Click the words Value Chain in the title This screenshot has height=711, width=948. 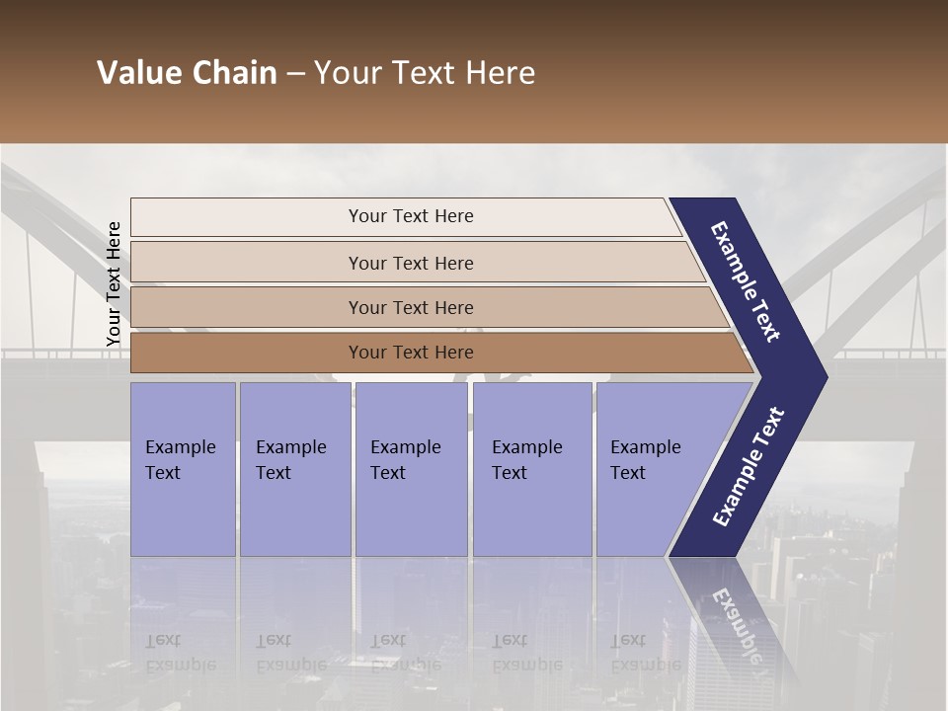coord(187,73)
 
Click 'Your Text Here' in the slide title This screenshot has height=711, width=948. coord(425,73)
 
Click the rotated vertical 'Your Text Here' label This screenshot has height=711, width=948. coord(114,283)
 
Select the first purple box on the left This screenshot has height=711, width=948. coord(183,469)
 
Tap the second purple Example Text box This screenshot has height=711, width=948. coord(294,469)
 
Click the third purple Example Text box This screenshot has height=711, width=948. coord(411,469)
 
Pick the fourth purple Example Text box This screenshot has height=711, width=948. coord(531,469)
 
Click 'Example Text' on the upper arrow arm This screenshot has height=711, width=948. coord(747,281)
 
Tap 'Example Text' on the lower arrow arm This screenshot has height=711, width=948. coord(749,466)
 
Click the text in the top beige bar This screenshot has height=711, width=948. coord(411,216)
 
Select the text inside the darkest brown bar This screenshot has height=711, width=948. coord(411,353)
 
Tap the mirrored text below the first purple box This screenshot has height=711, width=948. coord(180,652)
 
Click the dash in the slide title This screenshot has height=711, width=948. coord(295,74)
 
